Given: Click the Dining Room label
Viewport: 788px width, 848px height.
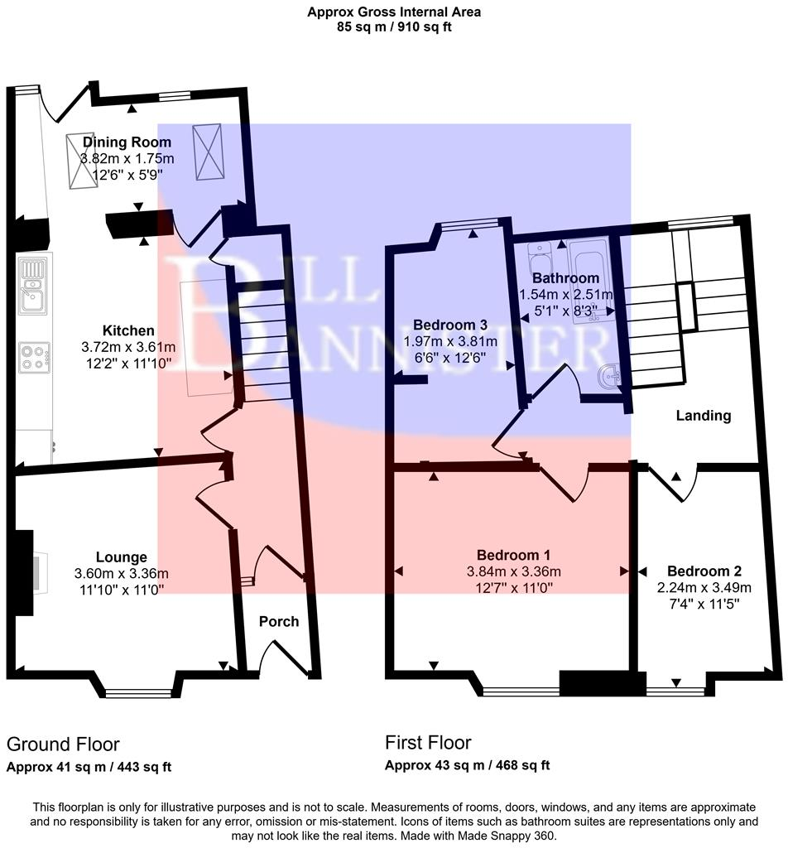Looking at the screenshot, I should click(x=127, y=142).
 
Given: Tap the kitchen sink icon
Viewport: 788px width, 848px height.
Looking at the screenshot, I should click(x=34, y=285).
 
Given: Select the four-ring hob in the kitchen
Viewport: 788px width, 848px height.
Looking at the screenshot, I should click(x=35, y=357).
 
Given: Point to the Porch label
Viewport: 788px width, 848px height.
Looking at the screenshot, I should click(x=279, y=621).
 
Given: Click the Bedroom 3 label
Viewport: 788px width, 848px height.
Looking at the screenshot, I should click(x=449, y=325).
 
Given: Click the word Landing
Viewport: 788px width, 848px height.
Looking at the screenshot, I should click(x=703, y=416).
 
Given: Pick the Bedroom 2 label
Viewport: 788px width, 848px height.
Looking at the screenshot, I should click(x=704, y=571).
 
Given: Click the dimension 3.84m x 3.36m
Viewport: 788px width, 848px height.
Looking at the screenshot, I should click(x=513, y=571).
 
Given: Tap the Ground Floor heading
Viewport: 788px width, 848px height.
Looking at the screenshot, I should click(x=63, y=744).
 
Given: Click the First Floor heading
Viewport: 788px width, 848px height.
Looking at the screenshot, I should click(x=428, y=742).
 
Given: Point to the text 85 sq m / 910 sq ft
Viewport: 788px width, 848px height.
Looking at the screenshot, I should click(x=393, y=26).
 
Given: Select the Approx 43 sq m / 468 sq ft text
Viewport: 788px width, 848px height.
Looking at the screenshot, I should click(x=467, y=765).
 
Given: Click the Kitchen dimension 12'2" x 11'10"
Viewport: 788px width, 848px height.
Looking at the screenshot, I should click(x=127, y=361).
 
